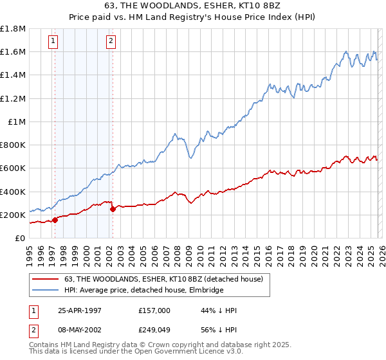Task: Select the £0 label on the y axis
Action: click(x=20, y=238)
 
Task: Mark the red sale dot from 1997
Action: click(x=55, y=220)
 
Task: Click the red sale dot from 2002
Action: click(x=113, y=209)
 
